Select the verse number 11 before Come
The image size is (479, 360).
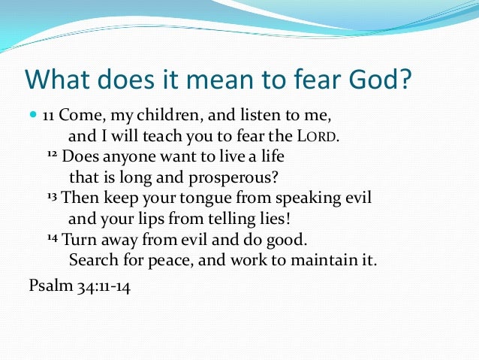pos(47,116)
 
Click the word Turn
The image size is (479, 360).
pos(77,241)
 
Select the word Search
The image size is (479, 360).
pos(92,261)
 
